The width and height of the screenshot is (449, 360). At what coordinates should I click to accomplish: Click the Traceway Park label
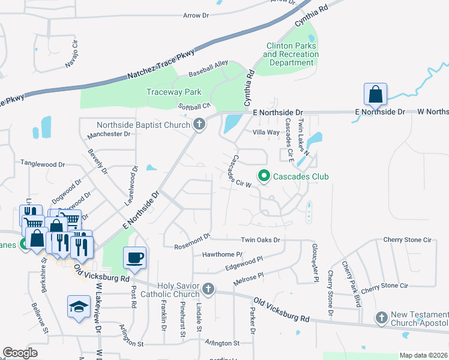click(174, 92)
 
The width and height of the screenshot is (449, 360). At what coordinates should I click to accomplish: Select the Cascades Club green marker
click(263, 176)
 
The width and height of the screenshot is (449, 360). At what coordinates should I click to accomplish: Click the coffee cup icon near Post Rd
click(134, 258)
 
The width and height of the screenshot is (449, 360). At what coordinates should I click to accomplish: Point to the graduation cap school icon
click(79, 307)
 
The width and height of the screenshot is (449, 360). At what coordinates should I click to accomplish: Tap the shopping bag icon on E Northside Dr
click(375, 94)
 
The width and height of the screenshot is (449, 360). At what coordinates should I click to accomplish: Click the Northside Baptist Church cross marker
click(199, 125)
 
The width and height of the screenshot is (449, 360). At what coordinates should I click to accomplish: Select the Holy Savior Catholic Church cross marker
click(208, 290)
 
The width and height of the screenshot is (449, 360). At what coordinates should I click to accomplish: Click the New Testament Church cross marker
click(381, 317)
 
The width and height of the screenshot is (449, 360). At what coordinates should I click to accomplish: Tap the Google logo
click(20, 353)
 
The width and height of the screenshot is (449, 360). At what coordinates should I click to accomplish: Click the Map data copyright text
click(424, 355)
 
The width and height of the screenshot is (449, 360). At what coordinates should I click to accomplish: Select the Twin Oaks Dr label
click(261, 239)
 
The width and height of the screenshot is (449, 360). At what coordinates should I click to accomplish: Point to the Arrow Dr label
click(199, 15)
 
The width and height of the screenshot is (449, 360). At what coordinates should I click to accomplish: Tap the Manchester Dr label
click(109, 134)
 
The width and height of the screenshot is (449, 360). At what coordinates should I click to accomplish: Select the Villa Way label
click(266, 132)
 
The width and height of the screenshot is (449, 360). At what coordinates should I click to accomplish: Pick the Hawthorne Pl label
click(222, 254)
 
